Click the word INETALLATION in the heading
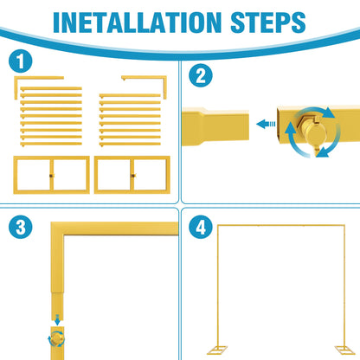coord(138,22)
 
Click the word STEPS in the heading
coord(268,22)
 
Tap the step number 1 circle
coord(21,61)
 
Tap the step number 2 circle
coord(201,75)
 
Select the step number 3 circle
coord(21,227)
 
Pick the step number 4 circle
coord(201,227)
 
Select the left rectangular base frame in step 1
coord(51,158)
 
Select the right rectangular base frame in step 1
coord(132,158)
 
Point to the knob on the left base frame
coord(51,176)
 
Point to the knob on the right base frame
coord(133,176)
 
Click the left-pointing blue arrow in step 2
coord(266,124)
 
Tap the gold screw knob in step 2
coord(312,130)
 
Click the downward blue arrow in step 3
coord(57,319)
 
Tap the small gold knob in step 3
coord(57,339)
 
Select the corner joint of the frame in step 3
coord(58,228)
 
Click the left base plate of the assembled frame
coord(217,350)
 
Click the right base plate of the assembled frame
coord(344,350)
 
